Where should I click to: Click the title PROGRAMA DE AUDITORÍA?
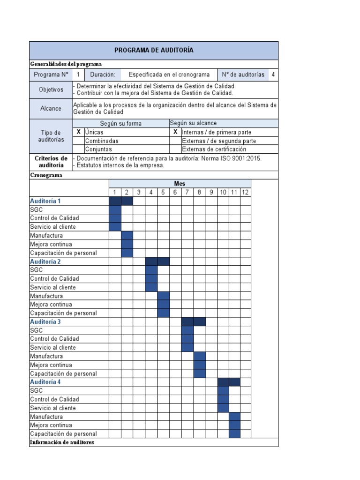click(x=154, y=50)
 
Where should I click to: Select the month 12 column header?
click(x=245, y=192)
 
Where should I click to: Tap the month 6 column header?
click(x=175, y=192)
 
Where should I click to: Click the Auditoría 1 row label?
click(x=45, y=201)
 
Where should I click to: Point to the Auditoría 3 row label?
click(x=45, y=322)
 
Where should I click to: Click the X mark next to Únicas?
click(x=79, y=132)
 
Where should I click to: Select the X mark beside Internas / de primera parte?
click(x=175, y=132)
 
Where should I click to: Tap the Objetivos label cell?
click(x=51, y=90)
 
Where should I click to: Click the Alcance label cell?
click(x=51, y=108)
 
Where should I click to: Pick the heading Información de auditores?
click(x=62, y=442)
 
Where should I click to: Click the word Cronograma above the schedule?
click(x=46, y=175)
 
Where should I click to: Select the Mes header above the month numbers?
click(x=180, y=184)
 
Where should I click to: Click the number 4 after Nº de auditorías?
click(x=273, y=75)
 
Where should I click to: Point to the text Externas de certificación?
click(x=214, y=150)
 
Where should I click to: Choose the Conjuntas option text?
click(x=98, y=150)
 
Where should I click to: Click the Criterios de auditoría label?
click(x=51, y=162)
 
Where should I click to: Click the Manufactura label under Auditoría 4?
click(x=46, y=417)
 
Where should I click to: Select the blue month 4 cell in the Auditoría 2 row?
click(x=151, y=262)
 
